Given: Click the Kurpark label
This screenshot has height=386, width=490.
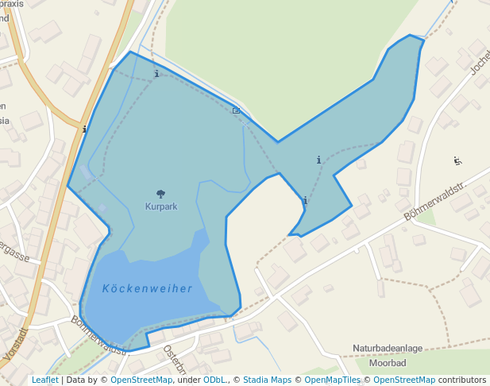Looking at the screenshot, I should click(160, 206).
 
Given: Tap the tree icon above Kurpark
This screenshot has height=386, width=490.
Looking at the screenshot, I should click(160, 193).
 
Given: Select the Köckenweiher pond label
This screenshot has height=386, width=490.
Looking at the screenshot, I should click(147, 288).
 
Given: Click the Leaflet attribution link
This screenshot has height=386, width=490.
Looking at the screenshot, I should click(44, 380).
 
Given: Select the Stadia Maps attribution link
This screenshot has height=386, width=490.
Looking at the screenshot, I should click(267, 380).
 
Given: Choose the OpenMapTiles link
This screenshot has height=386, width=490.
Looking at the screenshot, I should click(333, 380).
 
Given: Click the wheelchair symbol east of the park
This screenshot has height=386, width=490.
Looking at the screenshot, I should click(457, 160).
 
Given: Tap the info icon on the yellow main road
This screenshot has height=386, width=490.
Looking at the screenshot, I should click(84, 128).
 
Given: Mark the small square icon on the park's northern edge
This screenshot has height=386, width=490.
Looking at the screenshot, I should click(236, 110).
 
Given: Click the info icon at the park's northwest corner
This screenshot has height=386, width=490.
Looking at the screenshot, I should click(156, 74).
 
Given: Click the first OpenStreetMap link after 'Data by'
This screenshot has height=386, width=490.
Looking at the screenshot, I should click(141, 380).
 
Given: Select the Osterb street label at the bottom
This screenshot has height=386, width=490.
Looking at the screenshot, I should click(173, 359).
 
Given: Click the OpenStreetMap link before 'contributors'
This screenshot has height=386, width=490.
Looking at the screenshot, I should click(404, 380).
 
